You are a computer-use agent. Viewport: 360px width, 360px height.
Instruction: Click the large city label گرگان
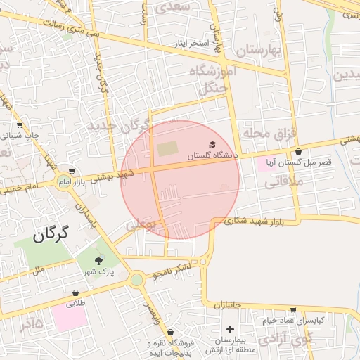(x=50, y=233)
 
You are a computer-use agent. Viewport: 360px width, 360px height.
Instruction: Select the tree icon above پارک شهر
(x=98, y=259)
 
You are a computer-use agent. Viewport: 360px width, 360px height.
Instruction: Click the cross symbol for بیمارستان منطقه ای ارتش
(x=230, y=329)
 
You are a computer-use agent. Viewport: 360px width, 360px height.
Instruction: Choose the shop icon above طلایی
(x=75, y=293)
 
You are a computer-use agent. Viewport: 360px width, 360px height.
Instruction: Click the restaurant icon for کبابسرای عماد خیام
(x=293, y=309)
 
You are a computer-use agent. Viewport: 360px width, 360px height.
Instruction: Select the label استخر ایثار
(x=193, y=44)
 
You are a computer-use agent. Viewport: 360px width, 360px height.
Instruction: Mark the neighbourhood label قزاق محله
(x=271, y=132)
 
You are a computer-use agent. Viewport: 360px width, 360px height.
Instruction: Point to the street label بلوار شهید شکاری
(x=255, y=221)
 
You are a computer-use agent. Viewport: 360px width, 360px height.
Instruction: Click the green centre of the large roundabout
(x=136, y=280)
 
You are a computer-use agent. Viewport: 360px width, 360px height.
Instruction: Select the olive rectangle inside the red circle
(x=167, y=149)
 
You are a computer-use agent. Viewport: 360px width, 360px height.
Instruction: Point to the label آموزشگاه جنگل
(x=213, y=79)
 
